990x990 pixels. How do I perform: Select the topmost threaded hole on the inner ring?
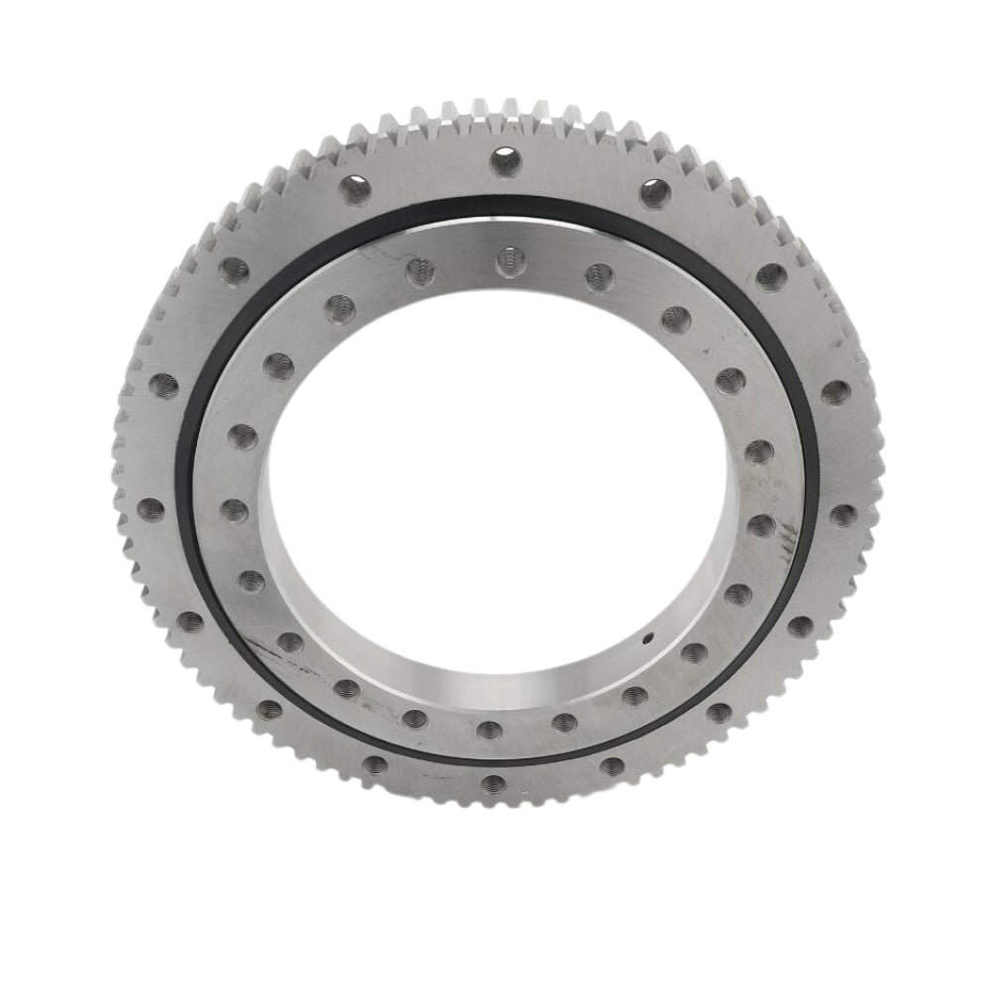tap(506, 259)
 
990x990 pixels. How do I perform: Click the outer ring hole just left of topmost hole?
tap(352, 186)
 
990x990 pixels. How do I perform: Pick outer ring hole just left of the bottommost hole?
tap(375, 763)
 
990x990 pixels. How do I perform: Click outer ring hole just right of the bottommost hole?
tap(614, 764)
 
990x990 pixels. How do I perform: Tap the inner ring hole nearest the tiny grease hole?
tap(694, 650)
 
